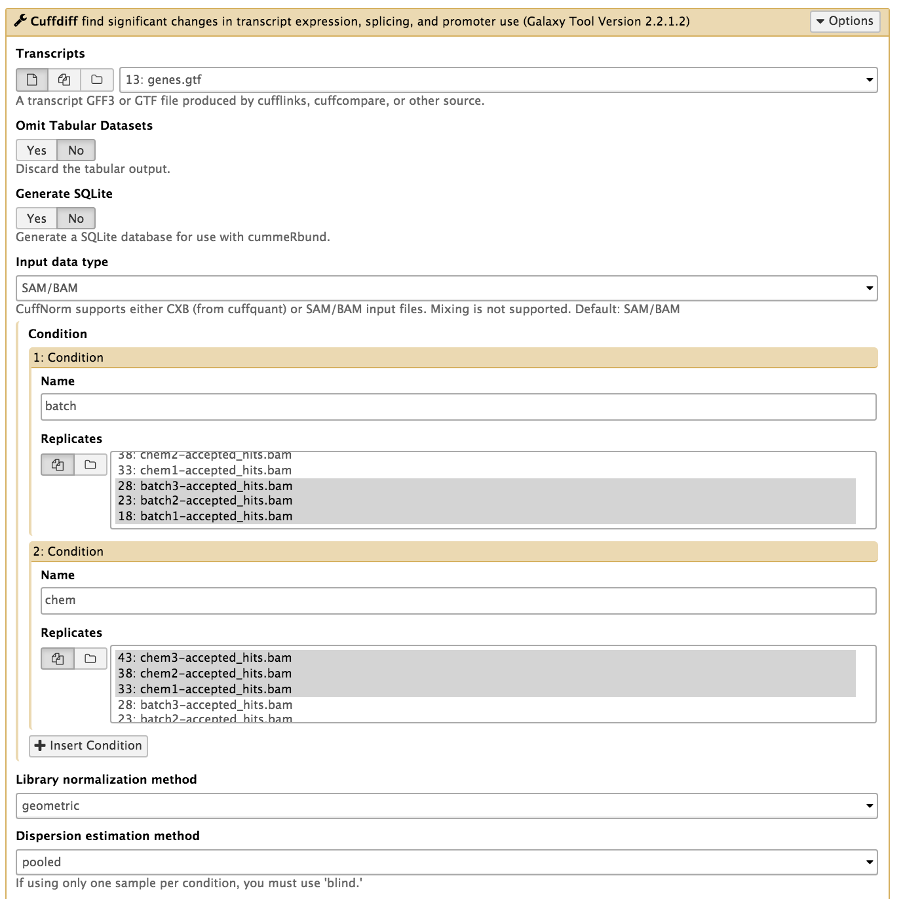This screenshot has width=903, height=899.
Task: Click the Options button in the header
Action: tap(845, 21)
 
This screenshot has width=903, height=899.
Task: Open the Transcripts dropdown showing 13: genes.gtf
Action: tap(498, 80)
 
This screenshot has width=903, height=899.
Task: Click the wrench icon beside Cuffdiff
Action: tap(21, 21)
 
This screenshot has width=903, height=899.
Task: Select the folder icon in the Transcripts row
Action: tap(97, 80)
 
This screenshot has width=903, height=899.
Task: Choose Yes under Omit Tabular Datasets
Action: tap(37, 151)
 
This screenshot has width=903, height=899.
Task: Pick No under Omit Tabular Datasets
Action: tap(76, 151)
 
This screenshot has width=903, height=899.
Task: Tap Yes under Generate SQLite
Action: tap(37, 219)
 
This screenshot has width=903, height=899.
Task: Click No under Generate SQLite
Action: tap(76, 219)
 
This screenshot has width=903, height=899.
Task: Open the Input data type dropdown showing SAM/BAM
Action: tap(446, 288)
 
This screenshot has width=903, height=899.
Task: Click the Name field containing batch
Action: tap(458, 406)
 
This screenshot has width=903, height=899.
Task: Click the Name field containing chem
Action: tap(458, 600)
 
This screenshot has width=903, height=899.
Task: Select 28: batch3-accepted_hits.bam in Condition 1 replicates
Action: tap(205, 486)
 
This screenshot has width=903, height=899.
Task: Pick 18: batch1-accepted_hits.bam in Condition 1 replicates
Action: tap(205, 516)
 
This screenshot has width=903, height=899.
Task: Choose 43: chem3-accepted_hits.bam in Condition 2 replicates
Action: tap(204, 658)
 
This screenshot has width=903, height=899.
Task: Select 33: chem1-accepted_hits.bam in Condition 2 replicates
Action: tap(204, 689)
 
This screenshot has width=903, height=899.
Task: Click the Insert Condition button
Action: tap(88, 746)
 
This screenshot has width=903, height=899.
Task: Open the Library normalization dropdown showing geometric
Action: tap(446, 806)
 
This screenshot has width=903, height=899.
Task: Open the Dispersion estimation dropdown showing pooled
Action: tap(446, 862)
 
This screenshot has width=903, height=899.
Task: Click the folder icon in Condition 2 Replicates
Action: tap(90, 659)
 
